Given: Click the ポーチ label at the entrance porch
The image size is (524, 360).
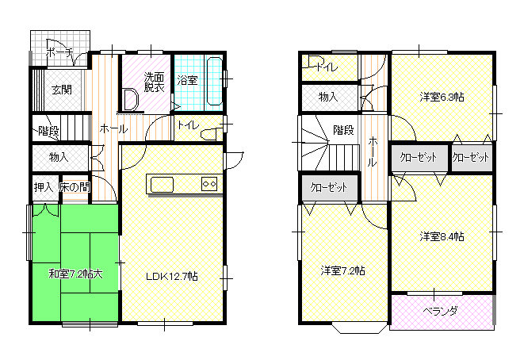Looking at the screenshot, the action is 59,53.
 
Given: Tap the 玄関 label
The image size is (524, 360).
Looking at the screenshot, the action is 62,90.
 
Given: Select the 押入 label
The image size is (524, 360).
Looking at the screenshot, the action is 44,187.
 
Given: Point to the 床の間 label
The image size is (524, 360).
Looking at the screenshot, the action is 75,187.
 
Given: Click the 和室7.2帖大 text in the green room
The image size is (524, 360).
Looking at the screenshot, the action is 75,274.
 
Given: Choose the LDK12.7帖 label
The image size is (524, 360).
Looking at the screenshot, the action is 172,277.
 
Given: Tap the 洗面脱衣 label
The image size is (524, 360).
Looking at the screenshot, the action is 154,82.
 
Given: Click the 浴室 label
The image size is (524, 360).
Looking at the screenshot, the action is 187,80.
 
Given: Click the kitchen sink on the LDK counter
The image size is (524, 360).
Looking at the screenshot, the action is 162,185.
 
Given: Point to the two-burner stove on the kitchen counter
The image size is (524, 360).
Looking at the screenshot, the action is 209,184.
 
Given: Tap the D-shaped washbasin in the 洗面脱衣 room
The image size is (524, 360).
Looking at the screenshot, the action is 131,100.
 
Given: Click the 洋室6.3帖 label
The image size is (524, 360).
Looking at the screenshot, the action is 442,98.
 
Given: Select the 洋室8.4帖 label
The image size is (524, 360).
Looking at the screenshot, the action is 442,236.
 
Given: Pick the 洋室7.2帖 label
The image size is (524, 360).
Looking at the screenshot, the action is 343,270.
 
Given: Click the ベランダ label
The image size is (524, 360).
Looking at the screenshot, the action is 440,311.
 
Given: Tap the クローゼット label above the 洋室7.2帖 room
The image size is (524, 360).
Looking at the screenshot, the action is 329,187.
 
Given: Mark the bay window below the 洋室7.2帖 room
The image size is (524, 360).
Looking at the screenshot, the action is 358,328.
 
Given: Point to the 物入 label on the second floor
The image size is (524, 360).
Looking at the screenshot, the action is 328,98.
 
